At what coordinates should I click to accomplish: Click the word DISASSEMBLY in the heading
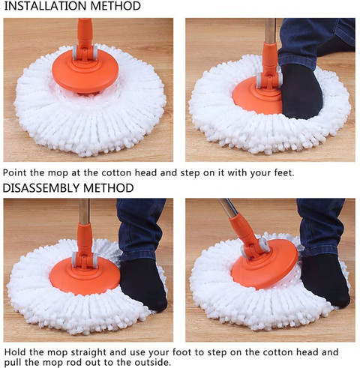(41, 188)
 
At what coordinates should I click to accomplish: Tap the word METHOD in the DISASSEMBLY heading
(109, 188)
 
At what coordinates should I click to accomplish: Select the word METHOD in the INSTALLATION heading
(115, 6)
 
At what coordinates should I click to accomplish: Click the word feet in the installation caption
(284, 172)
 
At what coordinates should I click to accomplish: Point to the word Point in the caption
(15, 172)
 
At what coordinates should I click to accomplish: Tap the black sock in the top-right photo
(301, 92)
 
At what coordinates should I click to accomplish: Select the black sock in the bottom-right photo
(325, 281)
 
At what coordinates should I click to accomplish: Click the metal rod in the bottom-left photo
(84, 212)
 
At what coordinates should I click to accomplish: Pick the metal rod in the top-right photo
(271, 31)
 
